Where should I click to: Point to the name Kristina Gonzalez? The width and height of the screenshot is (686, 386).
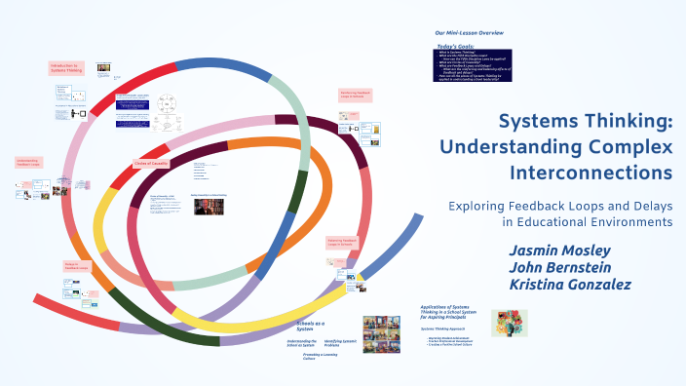tap(570, 285)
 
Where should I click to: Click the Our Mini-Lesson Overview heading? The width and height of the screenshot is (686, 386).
tap(469, 33)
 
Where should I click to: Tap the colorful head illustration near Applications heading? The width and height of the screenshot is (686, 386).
tap(509, 323)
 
